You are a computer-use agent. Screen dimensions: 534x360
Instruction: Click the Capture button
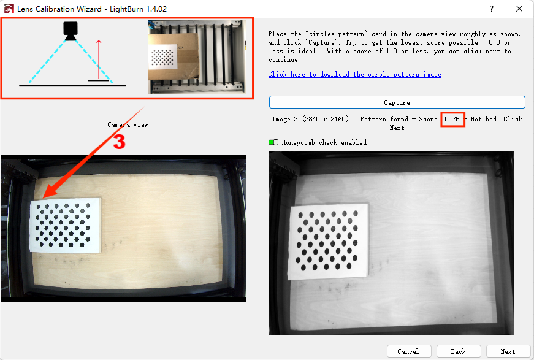pos(397,102)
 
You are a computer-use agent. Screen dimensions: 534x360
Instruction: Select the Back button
pos(459,351)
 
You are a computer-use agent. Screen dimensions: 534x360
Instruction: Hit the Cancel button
pos(409,351)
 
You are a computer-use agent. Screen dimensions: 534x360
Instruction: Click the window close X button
pos(519,9)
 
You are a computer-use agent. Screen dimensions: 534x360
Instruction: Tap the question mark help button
pos(492,9)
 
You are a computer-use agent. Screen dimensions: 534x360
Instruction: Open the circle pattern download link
pos(354,74)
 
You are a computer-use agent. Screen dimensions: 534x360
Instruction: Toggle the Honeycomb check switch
pos(273,142)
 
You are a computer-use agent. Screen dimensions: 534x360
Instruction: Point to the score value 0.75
pos(452,119)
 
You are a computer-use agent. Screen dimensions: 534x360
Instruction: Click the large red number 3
pos(119,142)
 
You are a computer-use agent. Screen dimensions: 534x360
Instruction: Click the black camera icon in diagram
pos(71,31)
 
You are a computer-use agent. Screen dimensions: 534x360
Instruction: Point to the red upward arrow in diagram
pos(99,59)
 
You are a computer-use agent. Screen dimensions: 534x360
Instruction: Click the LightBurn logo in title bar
pos(9,9)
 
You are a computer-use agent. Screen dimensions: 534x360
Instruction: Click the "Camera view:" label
pos(129,124)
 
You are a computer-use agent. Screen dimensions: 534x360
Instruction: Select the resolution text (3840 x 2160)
pos(326,119)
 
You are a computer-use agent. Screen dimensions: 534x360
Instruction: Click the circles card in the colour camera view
pos(66,225)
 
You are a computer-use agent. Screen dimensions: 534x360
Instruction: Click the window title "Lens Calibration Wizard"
pos(59,9)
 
